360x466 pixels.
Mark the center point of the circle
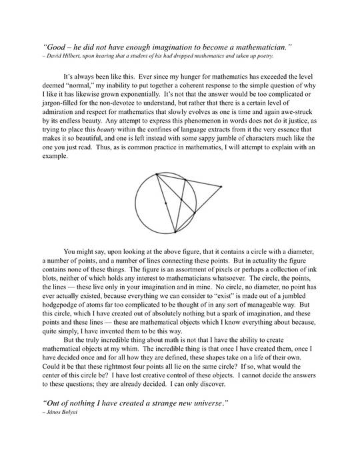coord(166,203)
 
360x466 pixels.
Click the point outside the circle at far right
coord(221,187)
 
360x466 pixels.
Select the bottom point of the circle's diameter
coord(175,233)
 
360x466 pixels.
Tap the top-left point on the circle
coord(157,175)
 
